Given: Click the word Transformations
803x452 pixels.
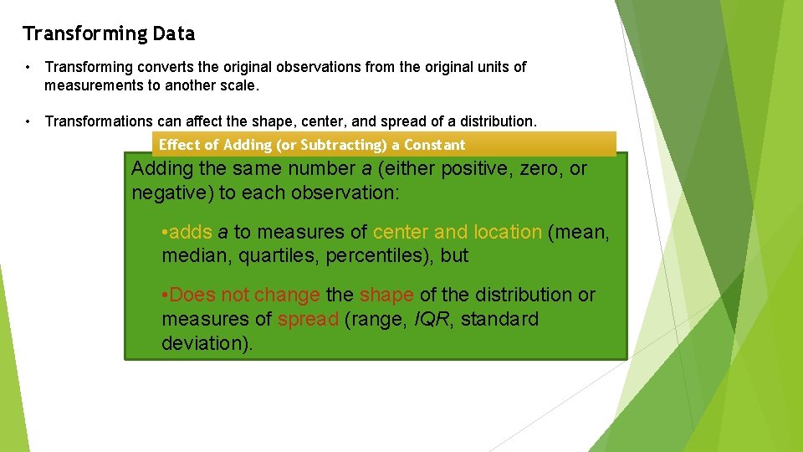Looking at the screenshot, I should coord(97,121).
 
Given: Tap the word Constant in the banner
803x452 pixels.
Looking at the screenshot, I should coord(434,145).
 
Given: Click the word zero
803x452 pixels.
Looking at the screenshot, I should coord(541,168).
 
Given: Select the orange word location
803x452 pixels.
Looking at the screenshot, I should coord(508,232).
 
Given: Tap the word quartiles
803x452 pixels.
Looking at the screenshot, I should coord(278,256).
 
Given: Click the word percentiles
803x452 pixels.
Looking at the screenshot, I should coord(381,256).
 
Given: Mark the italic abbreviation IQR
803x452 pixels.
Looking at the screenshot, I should coord(432,319).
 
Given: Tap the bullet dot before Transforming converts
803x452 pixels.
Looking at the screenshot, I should coord(28,67).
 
